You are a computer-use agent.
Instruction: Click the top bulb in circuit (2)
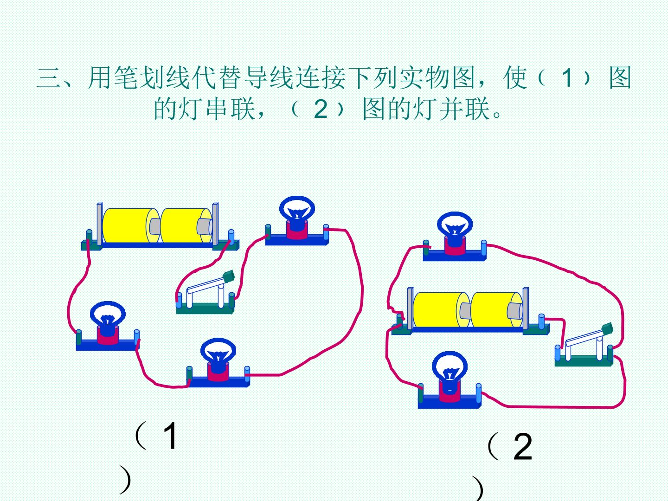click(x=455, y=225)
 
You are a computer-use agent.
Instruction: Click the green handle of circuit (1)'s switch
click(x=229, y=276)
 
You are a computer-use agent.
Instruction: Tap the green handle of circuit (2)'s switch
click(x=607, y=328)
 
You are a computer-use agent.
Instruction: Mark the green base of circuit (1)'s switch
click(x=205, y=309)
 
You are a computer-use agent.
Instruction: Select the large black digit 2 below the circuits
click(x=522, y=446)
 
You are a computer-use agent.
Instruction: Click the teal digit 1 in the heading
click(x=567, y=78)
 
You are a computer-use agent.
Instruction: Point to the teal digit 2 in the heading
click(x=321, y=109)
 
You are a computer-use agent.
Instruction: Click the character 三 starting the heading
click(x=48, y=78)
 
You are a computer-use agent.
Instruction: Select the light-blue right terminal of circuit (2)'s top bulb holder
click(x=483, y=247)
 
